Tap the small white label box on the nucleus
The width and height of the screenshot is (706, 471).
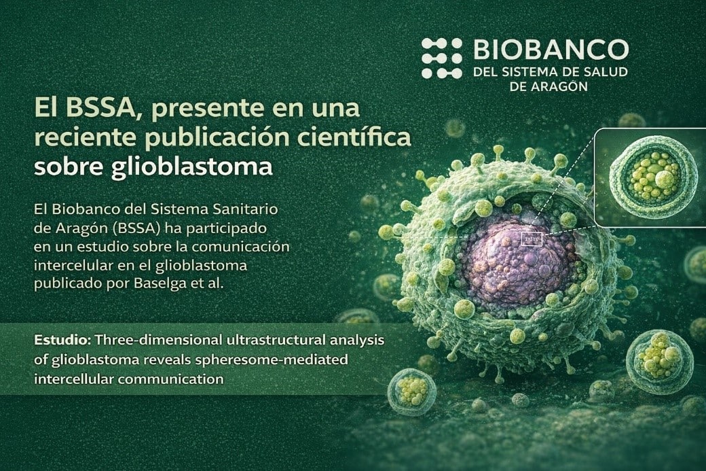pos(532,239)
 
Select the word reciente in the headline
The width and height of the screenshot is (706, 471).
pos(83,138)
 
